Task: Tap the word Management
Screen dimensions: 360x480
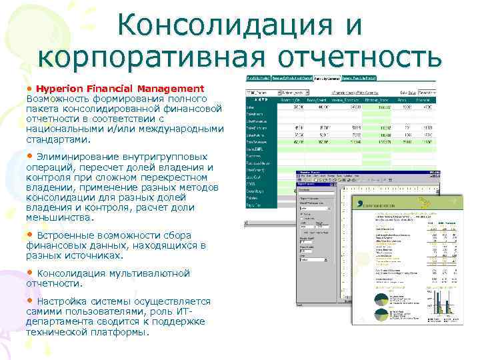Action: click(x=171, y=89)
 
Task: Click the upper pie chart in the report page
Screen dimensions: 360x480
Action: click(x=382, y=297)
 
